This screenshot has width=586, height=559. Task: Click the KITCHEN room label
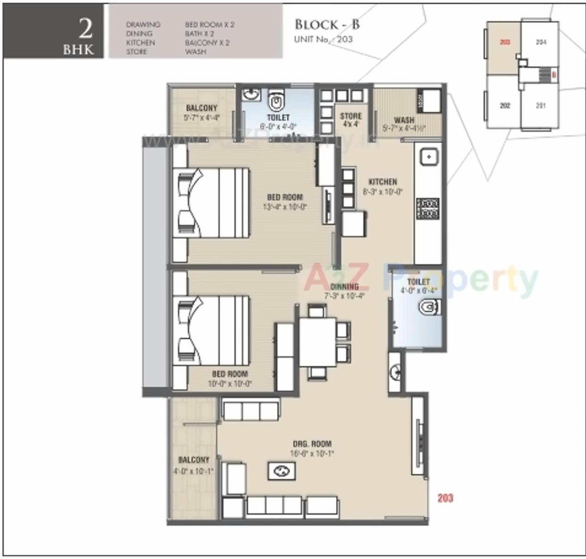382,182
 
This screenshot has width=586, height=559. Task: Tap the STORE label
351,116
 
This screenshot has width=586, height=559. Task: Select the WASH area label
404,120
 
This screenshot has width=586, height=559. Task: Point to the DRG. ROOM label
312,444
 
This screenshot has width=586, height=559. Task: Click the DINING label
344,287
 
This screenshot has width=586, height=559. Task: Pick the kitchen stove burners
427,208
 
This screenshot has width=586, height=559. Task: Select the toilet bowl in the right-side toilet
429,308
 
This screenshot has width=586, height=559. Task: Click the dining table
318,342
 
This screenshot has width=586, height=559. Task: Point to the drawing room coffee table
282,471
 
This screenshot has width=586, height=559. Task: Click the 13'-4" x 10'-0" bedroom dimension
285,207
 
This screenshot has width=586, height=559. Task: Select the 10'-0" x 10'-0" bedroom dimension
230,384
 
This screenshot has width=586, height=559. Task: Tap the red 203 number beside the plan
445,498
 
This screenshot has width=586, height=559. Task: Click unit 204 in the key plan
541,42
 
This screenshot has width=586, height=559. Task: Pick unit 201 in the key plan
541,106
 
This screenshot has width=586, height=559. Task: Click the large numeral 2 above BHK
85,29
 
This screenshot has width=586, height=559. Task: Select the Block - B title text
326,25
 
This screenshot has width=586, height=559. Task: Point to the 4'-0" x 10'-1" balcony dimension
193,470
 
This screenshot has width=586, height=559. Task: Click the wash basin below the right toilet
395,372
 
